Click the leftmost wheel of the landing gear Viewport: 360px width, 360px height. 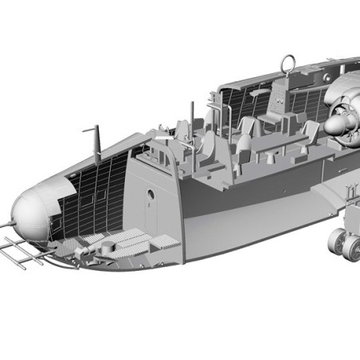click(x=338, y=241)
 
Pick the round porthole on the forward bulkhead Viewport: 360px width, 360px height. click(x=151, y=194)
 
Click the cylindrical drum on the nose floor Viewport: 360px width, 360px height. click(x=103, y=248)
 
